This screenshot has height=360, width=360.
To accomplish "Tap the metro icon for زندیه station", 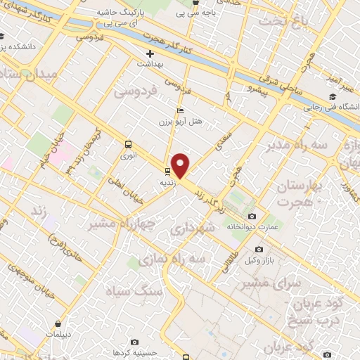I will pos(167,171).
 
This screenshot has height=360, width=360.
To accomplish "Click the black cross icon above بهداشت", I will pos(150,53).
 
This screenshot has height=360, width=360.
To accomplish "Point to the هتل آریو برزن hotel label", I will pos(181,121).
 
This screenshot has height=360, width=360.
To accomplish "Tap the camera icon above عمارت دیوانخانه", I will pos(253,216).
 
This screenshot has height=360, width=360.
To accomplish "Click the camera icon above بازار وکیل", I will pos(259,250).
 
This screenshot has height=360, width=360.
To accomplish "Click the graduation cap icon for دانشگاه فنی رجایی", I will pos(331,97).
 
